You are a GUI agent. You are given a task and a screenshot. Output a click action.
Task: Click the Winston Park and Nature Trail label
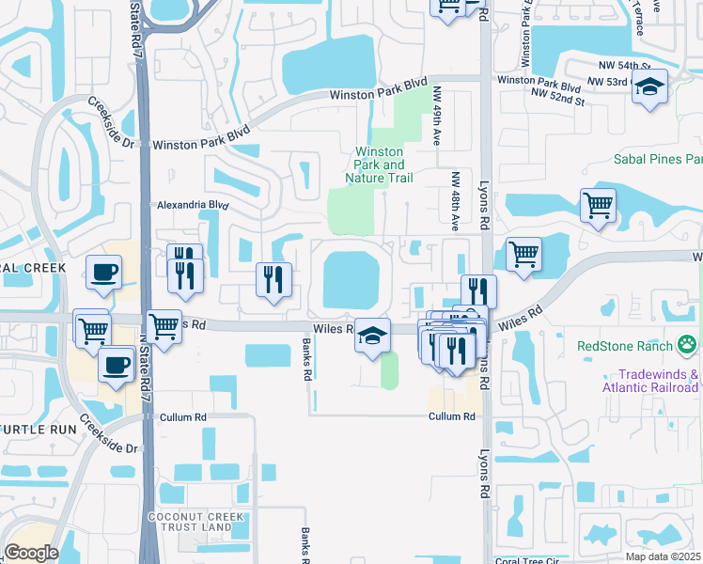point(379,164)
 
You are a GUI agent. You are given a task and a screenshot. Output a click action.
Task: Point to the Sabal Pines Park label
point(658,160)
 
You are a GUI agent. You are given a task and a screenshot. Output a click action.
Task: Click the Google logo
point(31,553)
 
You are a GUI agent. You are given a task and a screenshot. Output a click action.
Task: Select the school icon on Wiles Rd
point(372,335)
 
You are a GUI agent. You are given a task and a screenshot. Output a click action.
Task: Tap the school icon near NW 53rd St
point(649,87)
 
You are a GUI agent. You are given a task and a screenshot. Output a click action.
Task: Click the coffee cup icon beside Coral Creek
point(103,273)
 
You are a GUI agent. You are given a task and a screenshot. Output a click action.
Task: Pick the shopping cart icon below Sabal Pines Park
point(598,205)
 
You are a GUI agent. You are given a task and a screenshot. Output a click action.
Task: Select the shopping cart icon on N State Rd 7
point(164,328)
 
